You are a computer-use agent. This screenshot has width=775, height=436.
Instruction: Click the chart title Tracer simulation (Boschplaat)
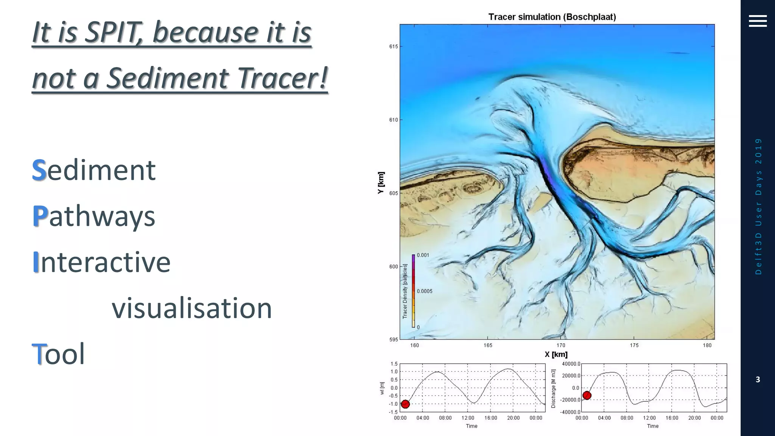[x=552, y=17]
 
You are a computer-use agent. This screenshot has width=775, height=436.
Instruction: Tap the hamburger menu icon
[x=758, y=21]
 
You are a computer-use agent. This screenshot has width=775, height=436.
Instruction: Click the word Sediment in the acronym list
[x=94, y=170]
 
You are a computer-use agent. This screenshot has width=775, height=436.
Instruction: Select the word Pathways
[x=94, y=216]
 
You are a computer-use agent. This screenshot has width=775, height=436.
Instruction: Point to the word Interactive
[x=101, y=262]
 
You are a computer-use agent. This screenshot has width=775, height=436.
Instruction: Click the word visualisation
[x=192, y=308]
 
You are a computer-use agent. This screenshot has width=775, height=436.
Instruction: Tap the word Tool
[x=58, y=354]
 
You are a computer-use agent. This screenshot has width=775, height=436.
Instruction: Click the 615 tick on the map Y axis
[x=394, y=47]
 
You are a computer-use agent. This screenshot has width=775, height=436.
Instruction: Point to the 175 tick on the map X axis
[x=634, y=345]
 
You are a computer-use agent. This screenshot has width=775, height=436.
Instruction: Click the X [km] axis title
[x=556, y=355]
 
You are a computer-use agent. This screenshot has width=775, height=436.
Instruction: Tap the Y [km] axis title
[x=381, y=183]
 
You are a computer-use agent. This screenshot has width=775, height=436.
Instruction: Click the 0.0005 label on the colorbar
[x=425, y=291]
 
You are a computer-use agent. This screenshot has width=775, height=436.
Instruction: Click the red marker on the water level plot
[x=405, y=404]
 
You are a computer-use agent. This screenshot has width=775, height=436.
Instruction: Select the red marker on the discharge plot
[x=587, y=396]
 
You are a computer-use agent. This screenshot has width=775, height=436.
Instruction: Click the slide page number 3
[x=758, y=380]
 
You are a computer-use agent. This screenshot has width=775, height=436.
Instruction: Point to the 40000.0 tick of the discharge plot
[x=571, y=364]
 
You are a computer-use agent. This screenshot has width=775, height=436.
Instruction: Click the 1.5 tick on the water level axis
[x=394, y=364]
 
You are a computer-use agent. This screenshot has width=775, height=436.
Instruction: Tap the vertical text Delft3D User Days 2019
[x=758, y=206]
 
